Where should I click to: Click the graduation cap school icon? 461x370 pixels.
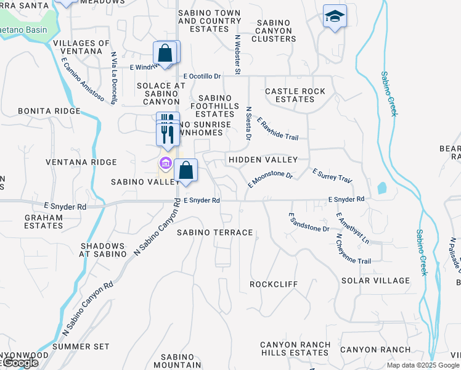(x=335, y=16)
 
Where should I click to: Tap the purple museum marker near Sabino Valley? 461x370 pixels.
(x=165, y=163)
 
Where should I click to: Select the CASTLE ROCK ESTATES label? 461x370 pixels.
(x=295, y=95)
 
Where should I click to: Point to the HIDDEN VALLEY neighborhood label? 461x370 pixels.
(x=263, y=160)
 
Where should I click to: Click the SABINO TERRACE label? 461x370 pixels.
(x=214, y=232)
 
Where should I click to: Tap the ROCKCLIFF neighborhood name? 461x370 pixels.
(x=273, y=284)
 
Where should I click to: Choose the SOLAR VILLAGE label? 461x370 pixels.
(x=375, y=281)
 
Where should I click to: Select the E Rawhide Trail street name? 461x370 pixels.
(x=277, y=129)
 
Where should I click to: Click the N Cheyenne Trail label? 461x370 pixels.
(x=353, y=250)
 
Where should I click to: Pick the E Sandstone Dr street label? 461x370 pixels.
(x=309, y=222)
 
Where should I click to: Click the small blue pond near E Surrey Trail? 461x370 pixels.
(x=382, y=187)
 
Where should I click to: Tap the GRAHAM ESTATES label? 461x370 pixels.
(x=44, y=221)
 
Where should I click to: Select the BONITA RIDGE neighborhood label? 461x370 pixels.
(x=49, y=111)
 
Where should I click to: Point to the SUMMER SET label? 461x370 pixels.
(x=81, y=347)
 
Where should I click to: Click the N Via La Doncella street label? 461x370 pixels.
(x=114, y=78)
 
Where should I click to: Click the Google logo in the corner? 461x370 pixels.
(x=20, y=363)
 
